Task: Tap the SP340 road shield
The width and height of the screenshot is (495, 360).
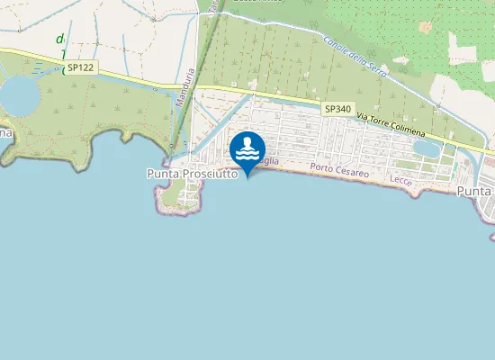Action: [x=337, y=109]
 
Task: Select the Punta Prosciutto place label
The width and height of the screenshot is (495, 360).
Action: [x=192, y=174]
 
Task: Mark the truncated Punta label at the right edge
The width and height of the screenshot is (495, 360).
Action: [x=475, y=192]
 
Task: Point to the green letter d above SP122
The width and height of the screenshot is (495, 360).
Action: [x=60, y=39]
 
